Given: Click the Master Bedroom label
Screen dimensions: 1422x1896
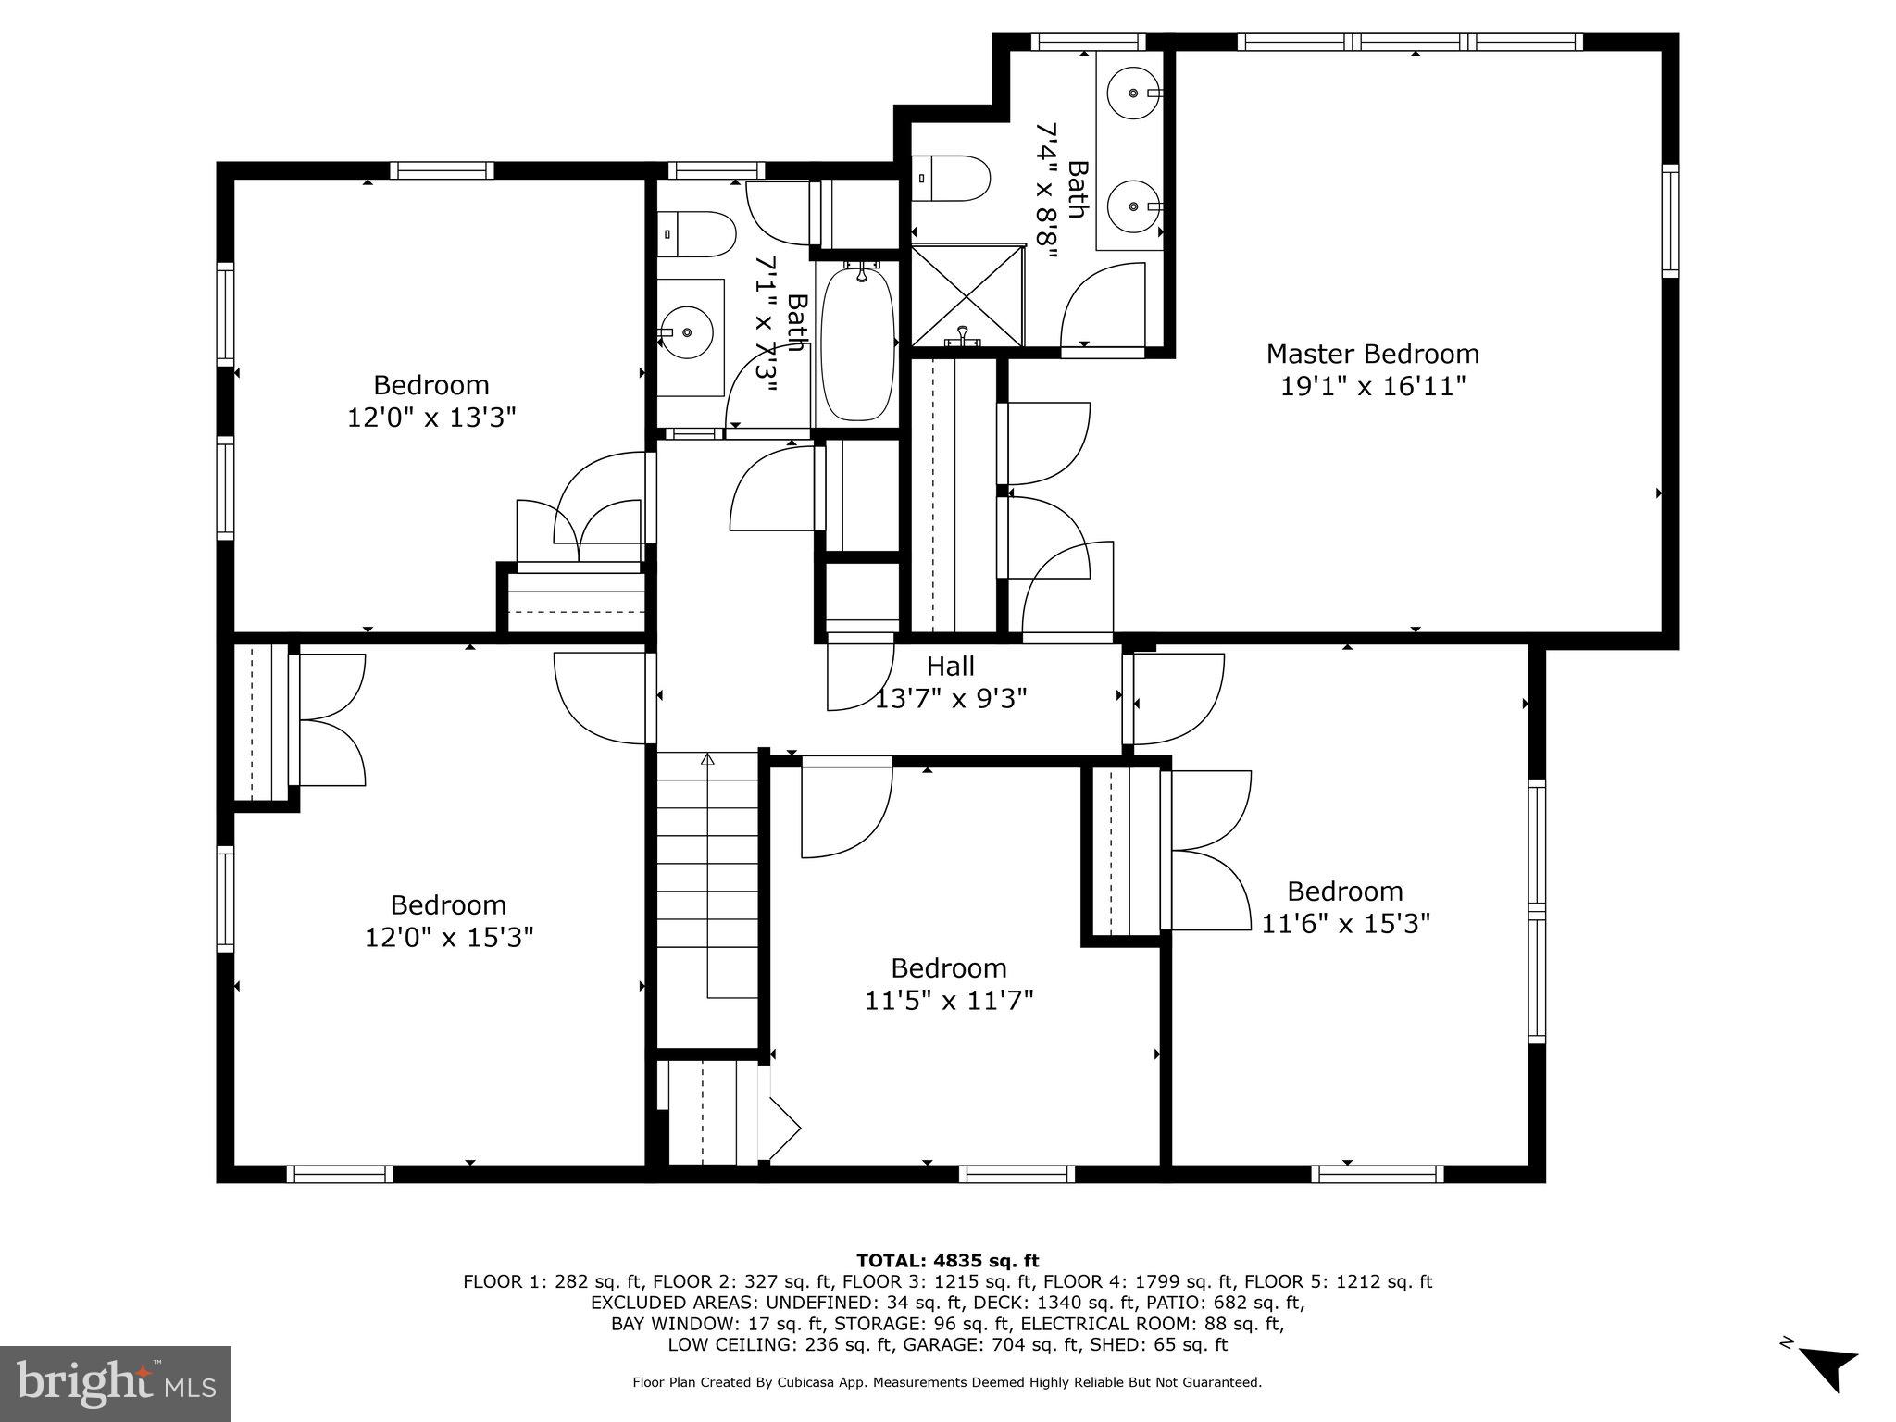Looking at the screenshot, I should coord(1372,354).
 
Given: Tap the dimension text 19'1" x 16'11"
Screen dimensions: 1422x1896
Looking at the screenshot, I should coord(1372,386).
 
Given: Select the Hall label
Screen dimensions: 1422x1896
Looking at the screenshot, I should coord(950,666).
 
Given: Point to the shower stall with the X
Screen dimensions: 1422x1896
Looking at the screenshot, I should coord(967,296).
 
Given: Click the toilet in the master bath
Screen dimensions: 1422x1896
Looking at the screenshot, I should coord(952,179).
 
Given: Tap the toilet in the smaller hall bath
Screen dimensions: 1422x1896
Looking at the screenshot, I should coord(696,234).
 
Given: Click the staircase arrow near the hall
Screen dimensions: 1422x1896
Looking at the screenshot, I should coord(708,761).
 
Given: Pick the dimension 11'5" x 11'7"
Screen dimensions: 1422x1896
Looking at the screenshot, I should coord(948,1000).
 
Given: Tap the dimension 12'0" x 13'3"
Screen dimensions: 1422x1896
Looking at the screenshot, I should coord(430,418).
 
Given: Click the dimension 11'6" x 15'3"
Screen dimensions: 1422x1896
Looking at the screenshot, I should coord(1345,923).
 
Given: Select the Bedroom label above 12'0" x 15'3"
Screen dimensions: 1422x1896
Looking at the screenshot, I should coord(448,904).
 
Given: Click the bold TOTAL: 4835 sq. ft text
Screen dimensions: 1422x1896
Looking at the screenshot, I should coord(947,1260).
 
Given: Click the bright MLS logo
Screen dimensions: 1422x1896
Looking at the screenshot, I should coord(115,1384).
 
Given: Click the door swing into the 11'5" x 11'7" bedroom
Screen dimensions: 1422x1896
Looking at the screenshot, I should coord(844,807).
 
